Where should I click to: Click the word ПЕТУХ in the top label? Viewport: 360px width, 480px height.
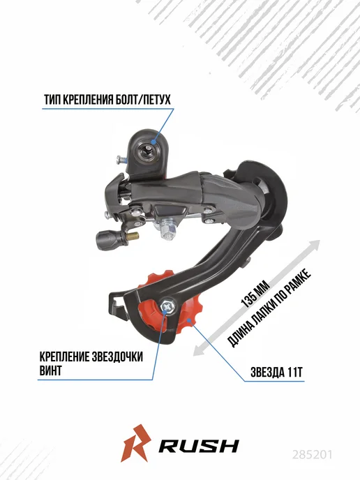coord(155,100)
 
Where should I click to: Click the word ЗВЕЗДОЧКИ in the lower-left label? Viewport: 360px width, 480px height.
coord(118,357)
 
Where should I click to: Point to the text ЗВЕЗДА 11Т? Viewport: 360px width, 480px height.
coord(277,373)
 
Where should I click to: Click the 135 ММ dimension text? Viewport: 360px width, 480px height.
coord(255,294)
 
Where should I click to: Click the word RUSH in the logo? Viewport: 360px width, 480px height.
coord(199,446)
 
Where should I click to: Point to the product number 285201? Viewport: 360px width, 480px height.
coord(312,454)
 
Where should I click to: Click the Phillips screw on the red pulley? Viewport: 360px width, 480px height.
coord(167,306)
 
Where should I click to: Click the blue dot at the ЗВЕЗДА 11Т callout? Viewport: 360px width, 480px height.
coord(190,320)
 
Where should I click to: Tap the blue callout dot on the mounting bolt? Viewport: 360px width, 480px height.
coord(153,142)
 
